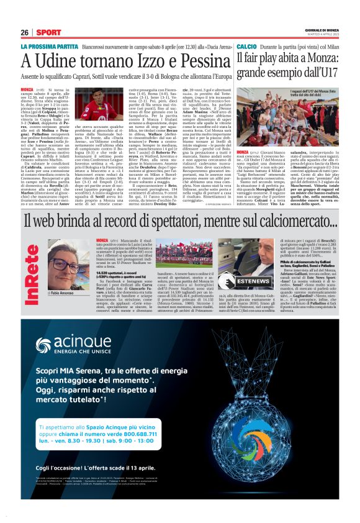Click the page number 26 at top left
25,32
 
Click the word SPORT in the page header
48,32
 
